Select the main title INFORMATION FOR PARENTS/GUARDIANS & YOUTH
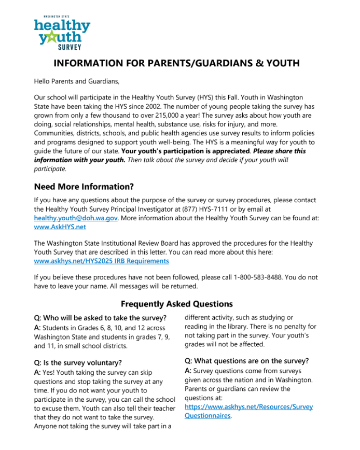(x=177, y=64)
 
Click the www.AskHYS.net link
(x=60, y=227)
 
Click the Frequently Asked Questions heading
(x=177, y=304)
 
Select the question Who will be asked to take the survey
(x=100, y=318)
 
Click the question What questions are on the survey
(x=246, y=361)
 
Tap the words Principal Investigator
(x=146, y=209)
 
